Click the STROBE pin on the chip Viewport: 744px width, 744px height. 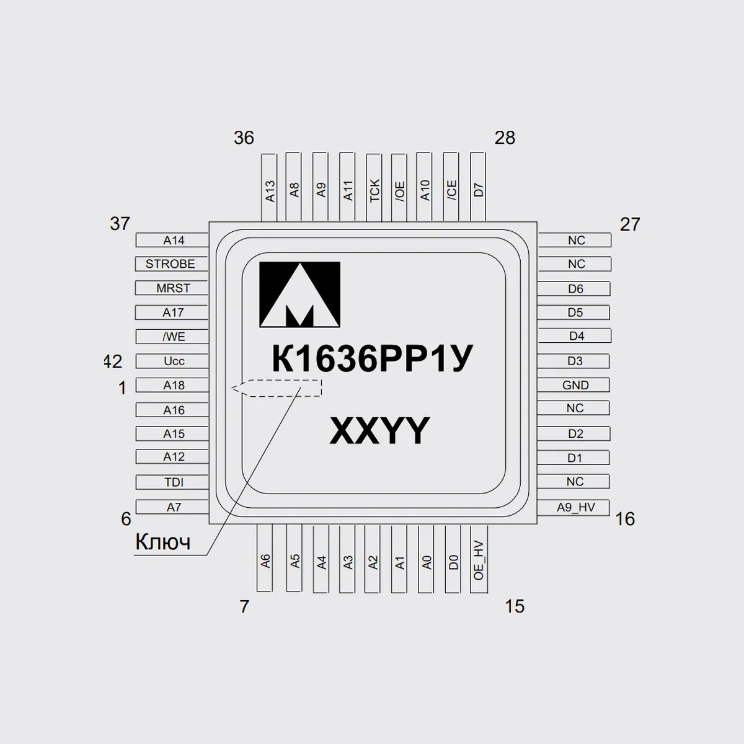coord(171,264)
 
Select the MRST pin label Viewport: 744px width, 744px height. coord(174,288)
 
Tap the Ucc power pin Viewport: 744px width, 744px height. coord(172,361)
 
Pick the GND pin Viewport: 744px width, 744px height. coord(573,385)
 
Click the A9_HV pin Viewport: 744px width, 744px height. coord(573,507)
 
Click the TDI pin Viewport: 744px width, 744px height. coord(172,482)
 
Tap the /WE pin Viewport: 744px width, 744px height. coord(172,337)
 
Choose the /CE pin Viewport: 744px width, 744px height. coord(451,187)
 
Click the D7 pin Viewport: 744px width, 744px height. coord(478,187)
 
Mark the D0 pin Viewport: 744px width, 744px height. coord(453,559)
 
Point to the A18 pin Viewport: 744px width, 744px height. coord(172,385)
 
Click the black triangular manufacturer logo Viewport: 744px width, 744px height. coord(299,294)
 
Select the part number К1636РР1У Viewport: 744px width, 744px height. coord(372,359)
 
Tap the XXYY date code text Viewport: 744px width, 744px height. coord(379,430)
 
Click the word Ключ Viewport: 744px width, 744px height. coord(163,542)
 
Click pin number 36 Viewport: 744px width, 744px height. coord(244,138)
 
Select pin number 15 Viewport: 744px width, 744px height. coord(515,606)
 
